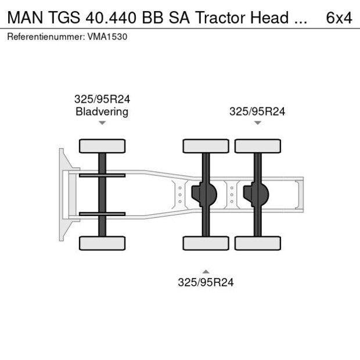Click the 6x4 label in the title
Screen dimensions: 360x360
(x=339, y=17)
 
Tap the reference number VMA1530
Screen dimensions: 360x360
(x=107, y=37)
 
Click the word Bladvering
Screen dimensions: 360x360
(x=102, y=111)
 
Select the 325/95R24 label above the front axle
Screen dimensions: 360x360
(x=102, y=99)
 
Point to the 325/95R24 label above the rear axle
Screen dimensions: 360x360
(x=257, y=111)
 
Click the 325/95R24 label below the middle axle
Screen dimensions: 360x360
(x=206, y=283)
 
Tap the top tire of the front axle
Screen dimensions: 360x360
(x=102, y=146)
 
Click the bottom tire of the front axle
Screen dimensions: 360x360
(x=102, y=243)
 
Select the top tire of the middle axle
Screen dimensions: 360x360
(x=206, y=146)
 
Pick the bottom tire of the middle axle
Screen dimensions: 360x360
(x=206, y=243)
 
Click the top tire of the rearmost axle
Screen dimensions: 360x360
(x=258, y=146)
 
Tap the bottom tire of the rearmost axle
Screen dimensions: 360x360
(x=258, y=243)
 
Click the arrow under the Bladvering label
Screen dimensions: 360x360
(x=102, y=123)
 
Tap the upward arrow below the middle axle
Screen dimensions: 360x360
(x=206, y=271)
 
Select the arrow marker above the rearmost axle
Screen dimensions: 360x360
(x=257, y=123)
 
